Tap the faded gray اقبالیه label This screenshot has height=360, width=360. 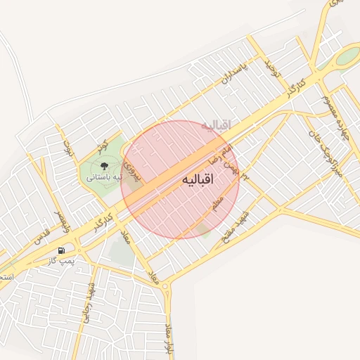pos(216,125)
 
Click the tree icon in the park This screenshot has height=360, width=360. pos(104,166)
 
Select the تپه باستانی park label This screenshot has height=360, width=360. pos(103,177)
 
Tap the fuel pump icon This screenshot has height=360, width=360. pos(62,250)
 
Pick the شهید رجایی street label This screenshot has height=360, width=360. pos(88,302)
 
